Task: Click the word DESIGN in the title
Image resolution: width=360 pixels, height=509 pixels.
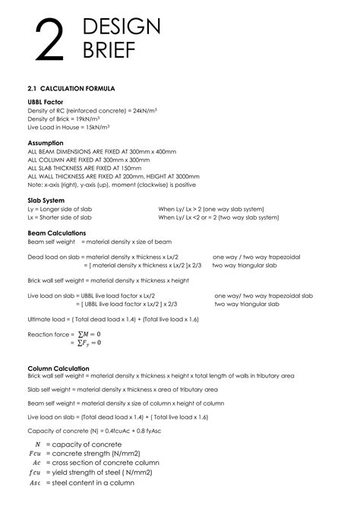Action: click(121, 27)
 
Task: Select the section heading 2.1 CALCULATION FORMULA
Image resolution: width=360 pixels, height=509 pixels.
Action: click(71, 89)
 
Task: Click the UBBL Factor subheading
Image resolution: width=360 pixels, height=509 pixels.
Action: click(45, 102)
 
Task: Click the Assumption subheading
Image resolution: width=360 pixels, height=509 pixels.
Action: click(46, 143)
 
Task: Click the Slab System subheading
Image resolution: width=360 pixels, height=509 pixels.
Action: click(48, 200)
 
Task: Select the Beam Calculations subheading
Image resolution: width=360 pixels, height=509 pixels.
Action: click(57, 233)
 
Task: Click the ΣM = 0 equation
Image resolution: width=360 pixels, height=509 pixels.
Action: click(88, 334)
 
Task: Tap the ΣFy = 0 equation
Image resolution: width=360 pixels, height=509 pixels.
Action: click(89, 343)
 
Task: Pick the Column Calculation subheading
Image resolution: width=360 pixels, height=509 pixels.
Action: click(58, 368)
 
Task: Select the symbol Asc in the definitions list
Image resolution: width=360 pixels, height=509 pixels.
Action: click(35, 482)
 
